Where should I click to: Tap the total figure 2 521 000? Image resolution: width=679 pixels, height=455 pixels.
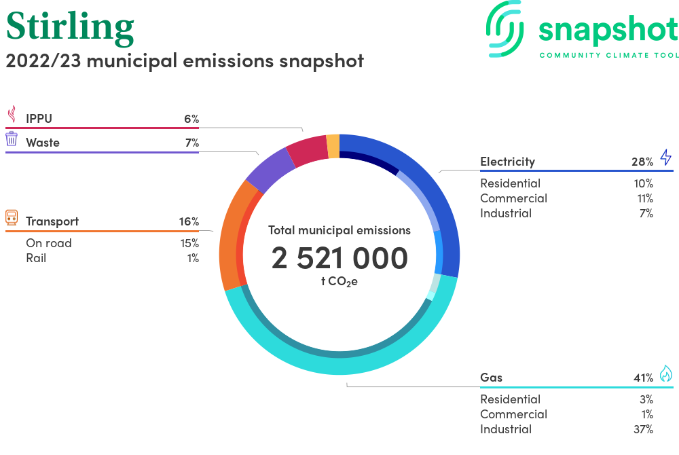(339, 258)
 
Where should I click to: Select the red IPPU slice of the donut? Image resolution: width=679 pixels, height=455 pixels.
(308, 151)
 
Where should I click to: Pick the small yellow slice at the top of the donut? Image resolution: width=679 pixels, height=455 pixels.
(333, 146)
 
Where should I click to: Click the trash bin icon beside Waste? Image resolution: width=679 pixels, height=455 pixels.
(12, 139)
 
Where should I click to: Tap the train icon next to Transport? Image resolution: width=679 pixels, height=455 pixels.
(12, 217)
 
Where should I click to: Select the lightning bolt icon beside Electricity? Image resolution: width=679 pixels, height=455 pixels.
(666, 157)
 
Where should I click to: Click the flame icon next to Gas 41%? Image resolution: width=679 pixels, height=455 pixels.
(666, 374)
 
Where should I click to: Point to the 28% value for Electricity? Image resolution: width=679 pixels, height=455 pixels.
(642, 162)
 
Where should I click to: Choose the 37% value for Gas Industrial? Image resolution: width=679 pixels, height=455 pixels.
(643, 429)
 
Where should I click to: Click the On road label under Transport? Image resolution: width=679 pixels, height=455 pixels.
(49, 243)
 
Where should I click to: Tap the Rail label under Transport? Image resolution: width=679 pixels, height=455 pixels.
(36, 258)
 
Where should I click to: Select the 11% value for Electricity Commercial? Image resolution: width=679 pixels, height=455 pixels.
(645, 198)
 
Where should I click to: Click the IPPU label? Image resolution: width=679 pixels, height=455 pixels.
(39, 119)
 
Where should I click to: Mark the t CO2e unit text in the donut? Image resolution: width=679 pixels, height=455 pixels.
(339, 282)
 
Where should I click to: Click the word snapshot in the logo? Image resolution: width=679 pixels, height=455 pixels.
(608, 31)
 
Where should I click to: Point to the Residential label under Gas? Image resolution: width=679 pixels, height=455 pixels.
(510, 399)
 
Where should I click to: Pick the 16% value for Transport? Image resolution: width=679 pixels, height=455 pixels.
(189, 221)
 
